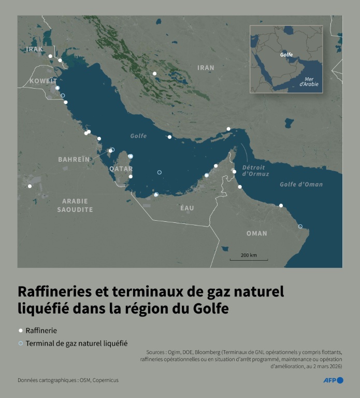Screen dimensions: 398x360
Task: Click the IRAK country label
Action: point(34,49)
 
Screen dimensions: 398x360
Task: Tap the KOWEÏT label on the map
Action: point(43,81)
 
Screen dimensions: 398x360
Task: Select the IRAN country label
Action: point(206,68)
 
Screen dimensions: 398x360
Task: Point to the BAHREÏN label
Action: point(74,159)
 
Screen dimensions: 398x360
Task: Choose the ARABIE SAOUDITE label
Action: point(75,205)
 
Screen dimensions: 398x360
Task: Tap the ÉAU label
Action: point(187,208)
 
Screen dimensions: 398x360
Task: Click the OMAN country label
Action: point(256,234)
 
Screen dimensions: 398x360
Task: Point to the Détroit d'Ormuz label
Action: point(253,171)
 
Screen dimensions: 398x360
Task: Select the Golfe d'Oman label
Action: point(301,184)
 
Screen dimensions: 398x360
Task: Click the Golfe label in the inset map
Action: point(286,54)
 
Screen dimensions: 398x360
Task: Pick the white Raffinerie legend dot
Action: point(21,330)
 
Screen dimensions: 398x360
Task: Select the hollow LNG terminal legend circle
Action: point(21,343)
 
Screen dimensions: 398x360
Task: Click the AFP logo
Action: point(333,380)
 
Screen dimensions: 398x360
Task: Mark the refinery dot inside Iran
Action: point(154,73)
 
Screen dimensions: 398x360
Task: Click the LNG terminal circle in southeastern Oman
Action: point(300,226)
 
